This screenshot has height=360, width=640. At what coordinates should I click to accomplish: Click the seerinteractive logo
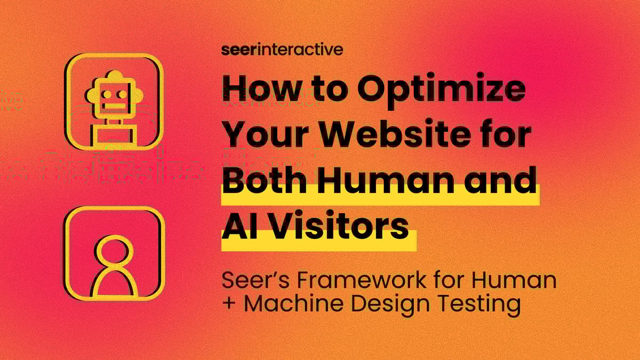282,50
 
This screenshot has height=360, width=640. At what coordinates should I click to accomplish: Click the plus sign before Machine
229,304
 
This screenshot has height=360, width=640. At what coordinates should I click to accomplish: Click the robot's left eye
107,94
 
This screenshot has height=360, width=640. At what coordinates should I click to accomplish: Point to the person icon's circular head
114,250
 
